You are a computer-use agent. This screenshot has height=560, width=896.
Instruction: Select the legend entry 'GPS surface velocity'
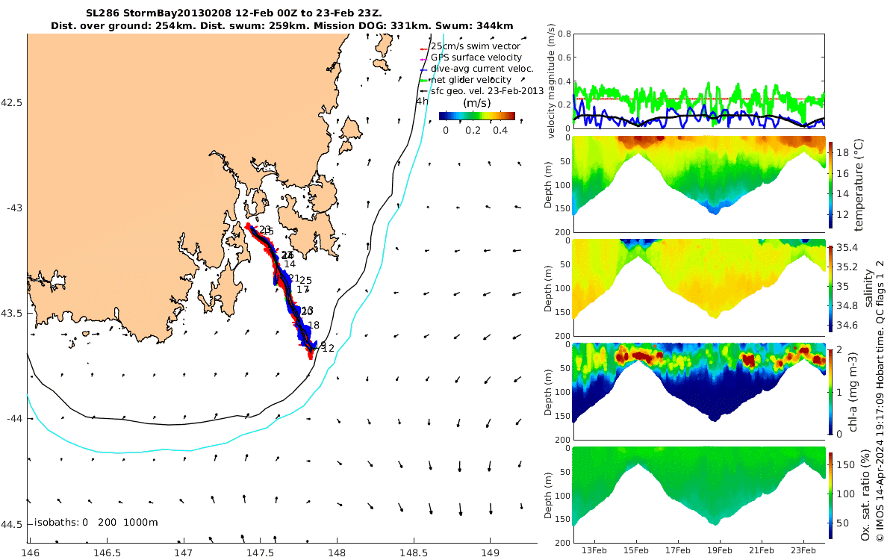click(476, 57)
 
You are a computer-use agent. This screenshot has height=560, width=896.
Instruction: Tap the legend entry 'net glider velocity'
click(471, 80)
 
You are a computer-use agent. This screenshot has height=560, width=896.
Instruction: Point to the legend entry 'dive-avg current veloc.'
click(482, 69)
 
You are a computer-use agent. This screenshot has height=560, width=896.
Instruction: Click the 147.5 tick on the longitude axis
click(260, 553)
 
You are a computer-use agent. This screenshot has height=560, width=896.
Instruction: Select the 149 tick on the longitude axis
click(490, 553)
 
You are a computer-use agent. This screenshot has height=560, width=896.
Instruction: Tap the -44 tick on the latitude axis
click(12, 419)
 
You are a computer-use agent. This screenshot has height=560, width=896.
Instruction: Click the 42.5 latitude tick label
click(12, 102)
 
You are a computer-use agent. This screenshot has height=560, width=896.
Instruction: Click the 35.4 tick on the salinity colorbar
click(851, 247)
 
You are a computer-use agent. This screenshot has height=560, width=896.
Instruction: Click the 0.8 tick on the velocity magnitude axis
click(561, 34)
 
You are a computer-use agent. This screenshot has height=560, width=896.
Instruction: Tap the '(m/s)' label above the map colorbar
click(477, 102)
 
